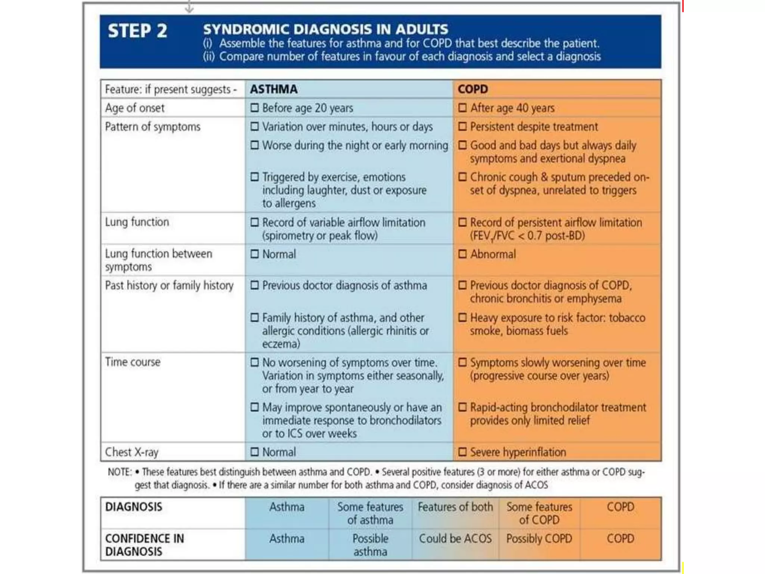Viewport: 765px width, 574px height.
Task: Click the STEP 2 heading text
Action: pyautogui.click(x=137, y=31)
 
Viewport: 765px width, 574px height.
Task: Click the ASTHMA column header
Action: pyautogui.click(x=274, y=89)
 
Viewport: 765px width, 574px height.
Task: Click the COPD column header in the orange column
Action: pyautogui.click(x=473, y=89)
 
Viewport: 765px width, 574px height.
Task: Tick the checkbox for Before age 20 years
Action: pyautogui.click(x=255, y=108)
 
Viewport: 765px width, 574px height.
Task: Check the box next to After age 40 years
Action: pyautogui.click(x=462, y=108)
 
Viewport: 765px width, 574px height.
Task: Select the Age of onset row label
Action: pyautogui.click(x=134, y=108)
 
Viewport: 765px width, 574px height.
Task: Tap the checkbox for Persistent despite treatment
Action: pyautogui.click(x=462, y=127)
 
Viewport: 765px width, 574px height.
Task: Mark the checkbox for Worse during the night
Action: pyautogui.click(x=255, y=145)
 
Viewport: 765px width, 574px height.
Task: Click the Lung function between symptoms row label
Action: pyautogui.click(x=158, y=260)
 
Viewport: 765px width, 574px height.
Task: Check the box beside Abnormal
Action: pyautogui.click(x=462, y=254)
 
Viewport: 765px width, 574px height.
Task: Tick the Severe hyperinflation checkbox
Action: pyautogui.click(x=462, y=452)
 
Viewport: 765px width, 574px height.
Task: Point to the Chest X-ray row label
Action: pyautogui.click(x=131, y=452)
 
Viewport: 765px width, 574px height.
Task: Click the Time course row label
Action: pyautogui.click(x=133, y=362)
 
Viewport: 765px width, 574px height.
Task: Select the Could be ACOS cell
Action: pyautogui.click(x=455, y=538)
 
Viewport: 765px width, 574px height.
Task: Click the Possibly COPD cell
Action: pyautogui.click(x=539, y=538)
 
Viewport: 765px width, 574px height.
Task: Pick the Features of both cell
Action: pyautogui.click(x=455, y=507)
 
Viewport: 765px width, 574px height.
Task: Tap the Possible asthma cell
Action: pyautogui.click(x=370, y=545)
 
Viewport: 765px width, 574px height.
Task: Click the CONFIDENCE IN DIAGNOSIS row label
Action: pyautogui.click(x=145, y=545)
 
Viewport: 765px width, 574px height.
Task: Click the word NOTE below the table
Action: pyautogui.click(x=119, y=472)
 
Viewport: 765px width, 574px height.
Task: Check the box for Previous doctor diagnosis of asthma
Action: pyautogui.click(x=255, y=286)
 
